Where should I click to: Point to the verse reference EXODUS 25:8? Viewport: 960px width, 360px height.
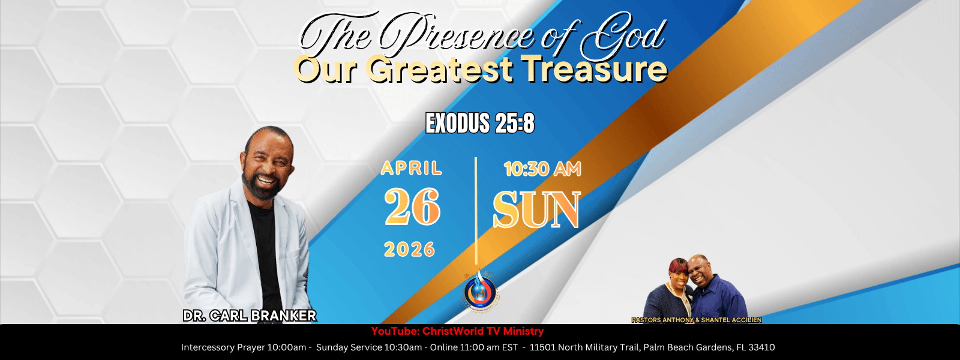point(479,124)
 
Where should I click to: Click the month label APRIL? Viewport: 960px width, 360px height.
point(412,169)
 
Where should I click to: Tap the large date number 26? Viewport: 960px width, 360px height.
point(412,207)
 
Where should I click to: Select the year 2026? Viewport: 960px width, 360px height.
point(409,250)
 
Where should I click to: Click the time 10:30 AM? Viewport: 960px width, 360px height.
point(542,169)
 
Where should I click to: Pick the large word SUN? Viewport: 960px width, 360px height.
point(536,210)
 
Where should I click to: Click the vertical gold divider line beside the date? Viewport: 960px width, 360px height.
point(476,211)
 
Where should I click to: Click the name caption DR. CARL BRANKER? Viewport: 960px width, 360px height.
point(250,316)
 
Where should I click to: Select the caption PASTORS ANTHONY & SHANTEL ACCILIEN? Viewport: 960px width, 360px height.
point(697,320)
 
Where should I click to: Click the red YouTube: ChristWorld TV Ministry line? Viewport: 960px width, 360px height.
point(457,331)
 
